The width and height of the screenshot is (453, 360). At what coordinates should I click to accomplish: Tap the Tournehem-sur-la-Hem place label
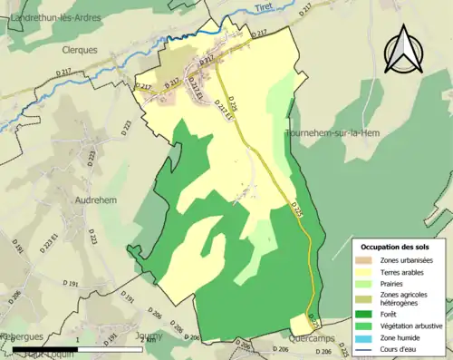pos(332,132)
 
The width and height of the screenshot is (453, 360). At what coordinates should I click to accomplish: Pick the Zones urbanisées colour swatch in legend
pos(366,261)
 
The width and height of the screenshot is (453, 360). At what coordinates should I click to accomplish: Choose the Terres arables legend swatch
pos(366,273)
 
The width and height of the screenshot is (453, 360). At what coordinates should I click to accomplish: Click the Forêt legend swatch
pos(366,314)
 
